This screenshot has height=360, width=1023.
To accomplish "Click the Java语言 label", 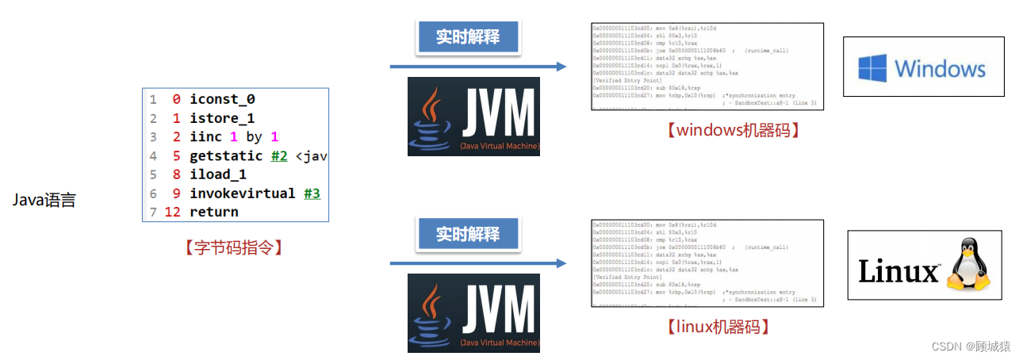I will pyautogui.click(x=44, y=201).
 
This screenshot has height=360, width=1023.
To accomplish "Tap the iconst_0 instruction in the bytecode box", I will pyautogui.click(x=222, y=99).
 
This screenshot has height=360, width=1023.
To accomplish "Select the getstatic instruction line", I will pyautogui.click(x=238, y=156).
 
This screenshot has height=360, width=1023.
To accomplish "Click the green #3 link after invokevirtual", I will pyautogui.click(x=312, y=193).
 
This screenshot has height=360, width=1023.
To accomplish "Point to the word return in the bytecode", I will pyautogui.click(x=214, y=212).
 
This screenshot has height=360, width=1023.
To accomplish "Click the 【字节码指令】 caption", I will pyautogui.click(x=234, y=247).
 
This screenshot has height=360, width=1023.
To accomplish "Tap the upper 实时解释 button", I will pyautogui.click(x=467, y=37).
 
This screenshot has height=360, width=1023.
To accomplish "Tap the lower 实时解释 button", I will pyautogui.click(x=467, y=234).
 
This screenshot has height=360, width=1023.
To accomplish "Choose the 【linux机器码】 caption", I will pyautogui.click(x=719, y=326).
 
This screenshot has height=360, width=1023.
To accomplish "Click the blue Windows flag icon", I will pyautogui.click(x=872, y=67).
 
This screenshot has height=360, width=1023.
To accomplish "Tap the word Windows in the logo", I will pyautogui.click(x=940, y=68).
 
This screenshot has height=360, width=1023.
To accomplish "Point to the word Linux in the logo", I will pyautogui.click(x=898, y=272).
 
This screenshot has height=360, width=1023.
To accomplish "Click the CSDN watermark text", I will pyautogui.click(x=973, y=347).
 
